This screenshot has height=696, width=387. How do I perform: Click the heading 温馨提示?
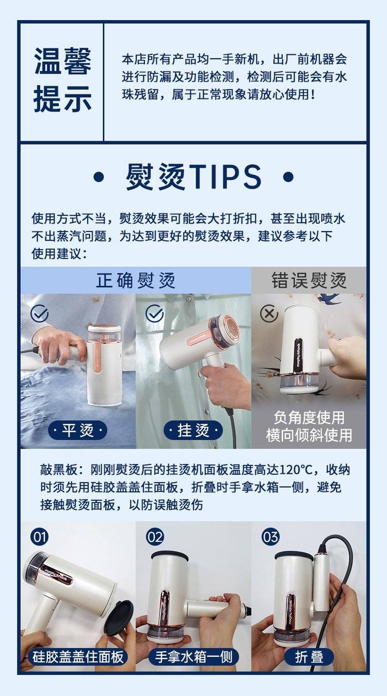click(62, 79)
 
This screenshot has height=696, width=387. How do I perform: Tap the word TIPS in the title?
click(225, 177)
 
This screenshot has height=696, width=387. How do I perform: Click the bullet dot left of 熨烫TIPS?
click(99, 177)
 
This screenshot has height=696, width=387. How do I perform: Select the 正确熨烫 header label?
click(136, 280)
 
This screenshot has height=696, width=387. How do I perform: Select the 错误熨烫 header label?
click(309, 280)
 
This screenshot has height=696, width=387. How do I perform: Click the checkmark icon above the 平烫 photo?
click(40, 313)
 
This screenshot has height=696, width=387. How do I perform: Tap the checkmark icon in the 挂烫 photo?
click(155, 313)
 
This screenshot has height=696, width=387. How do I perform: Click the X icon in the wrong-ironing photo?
click(269, 313)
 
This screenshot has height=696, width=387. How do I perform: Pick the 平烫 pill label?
click(78, 430)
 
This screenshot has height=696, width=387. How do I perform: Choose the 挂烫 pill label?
click(193, 430)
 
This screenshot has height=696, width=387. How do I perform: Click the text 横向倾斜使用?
click(309, 435)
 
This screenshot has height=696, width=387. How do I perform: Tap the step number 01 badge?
click(40, 537)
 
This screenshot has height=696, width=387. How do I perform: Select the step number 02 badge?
click(155, 537)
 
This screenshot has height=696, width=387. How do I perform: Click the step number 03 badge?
click(270, 537)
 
